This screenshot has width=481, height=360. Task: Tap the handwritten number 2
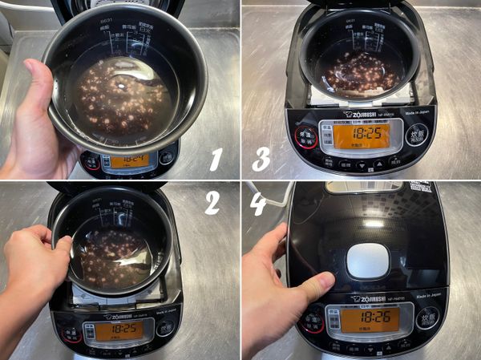212,201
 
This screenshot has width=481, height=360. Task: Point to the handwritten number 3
261,159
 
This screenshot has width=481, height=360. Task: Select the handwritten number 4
260,203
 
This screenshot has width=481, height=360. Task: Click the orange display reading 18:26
370,319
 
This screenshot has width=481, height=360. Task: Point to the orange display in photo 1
128,160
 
